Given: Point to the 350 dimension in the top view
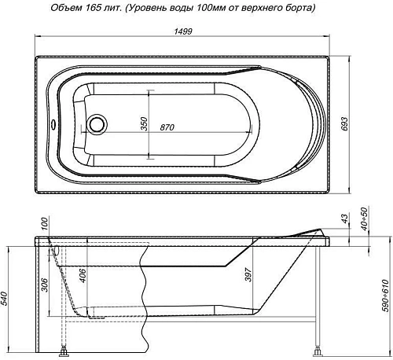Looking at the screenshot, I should coord(144,126).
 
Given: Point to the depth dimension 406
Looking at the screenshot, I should coord(82,277).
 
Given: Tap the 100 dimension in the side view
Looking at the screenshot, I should coord(45,225).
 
